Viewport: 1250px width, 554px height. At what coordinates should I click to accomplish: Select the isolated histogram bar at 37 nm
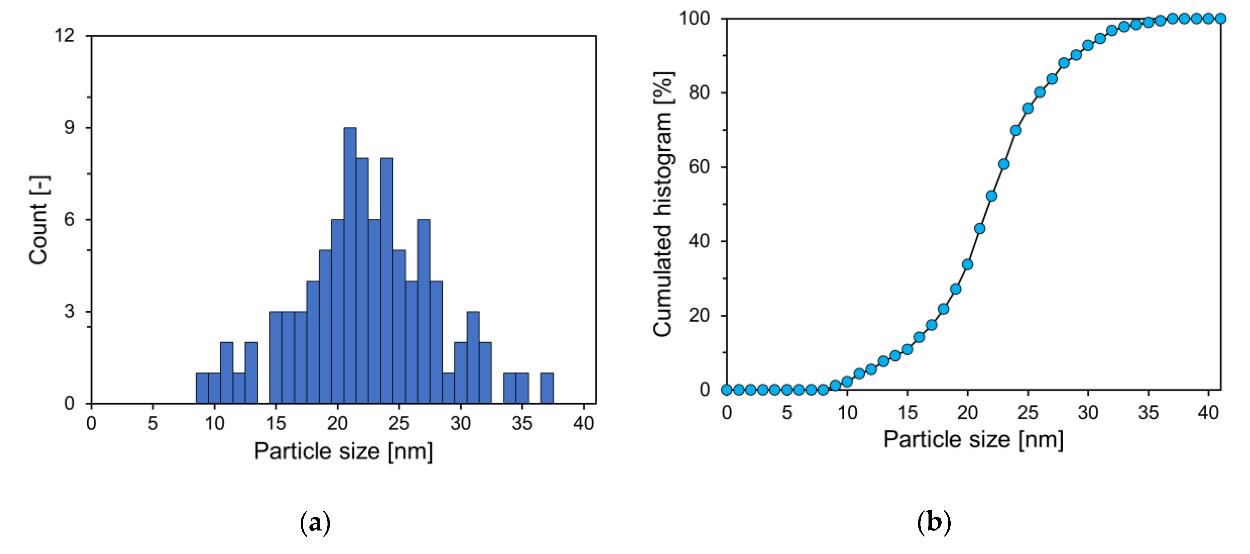(547, 388)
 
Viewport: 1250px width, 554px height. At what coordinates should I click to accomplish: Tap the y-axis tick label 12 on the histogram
(64, 35)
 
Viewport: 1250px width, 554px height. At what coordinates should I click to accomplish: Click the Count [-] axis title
(39, 220)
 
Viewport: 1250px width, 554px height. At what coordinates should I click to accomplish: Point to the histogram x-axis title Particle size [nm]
(343, 451)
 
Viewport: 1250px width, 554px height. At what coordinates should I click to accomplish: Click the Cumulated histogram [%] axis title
(663, 204)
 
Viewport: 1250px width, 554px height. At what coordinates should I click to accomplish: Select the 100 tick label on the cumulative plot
(694, 18)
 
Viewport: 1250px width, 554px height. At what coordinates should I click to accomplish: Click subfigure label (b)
(934, 522)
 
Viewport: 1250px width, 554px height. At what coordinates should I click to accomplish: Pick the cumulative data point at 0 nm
(726, 389)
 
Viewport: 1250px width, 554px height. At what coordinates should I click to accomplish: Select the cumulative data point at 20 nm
(967, 265)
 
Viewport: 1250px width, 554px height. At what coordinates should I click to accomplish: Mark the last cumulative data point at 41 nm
(1220, 18)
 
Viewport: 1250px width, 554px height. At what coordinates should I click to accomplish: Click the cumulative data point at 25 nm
(1028, 108)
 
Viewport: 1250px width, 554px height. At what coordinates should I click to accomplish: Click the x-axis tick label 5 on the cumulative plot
(787, 413)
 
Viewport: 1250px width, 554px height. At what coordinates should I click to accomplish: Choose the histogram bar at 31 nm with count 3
(473, 357)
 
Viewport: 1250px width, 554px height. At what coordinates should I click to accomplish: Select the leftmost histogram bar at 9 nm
(202, 388)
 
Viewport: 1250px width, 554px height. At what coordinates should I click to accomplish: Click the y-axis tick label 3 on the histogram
(70, 311)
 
